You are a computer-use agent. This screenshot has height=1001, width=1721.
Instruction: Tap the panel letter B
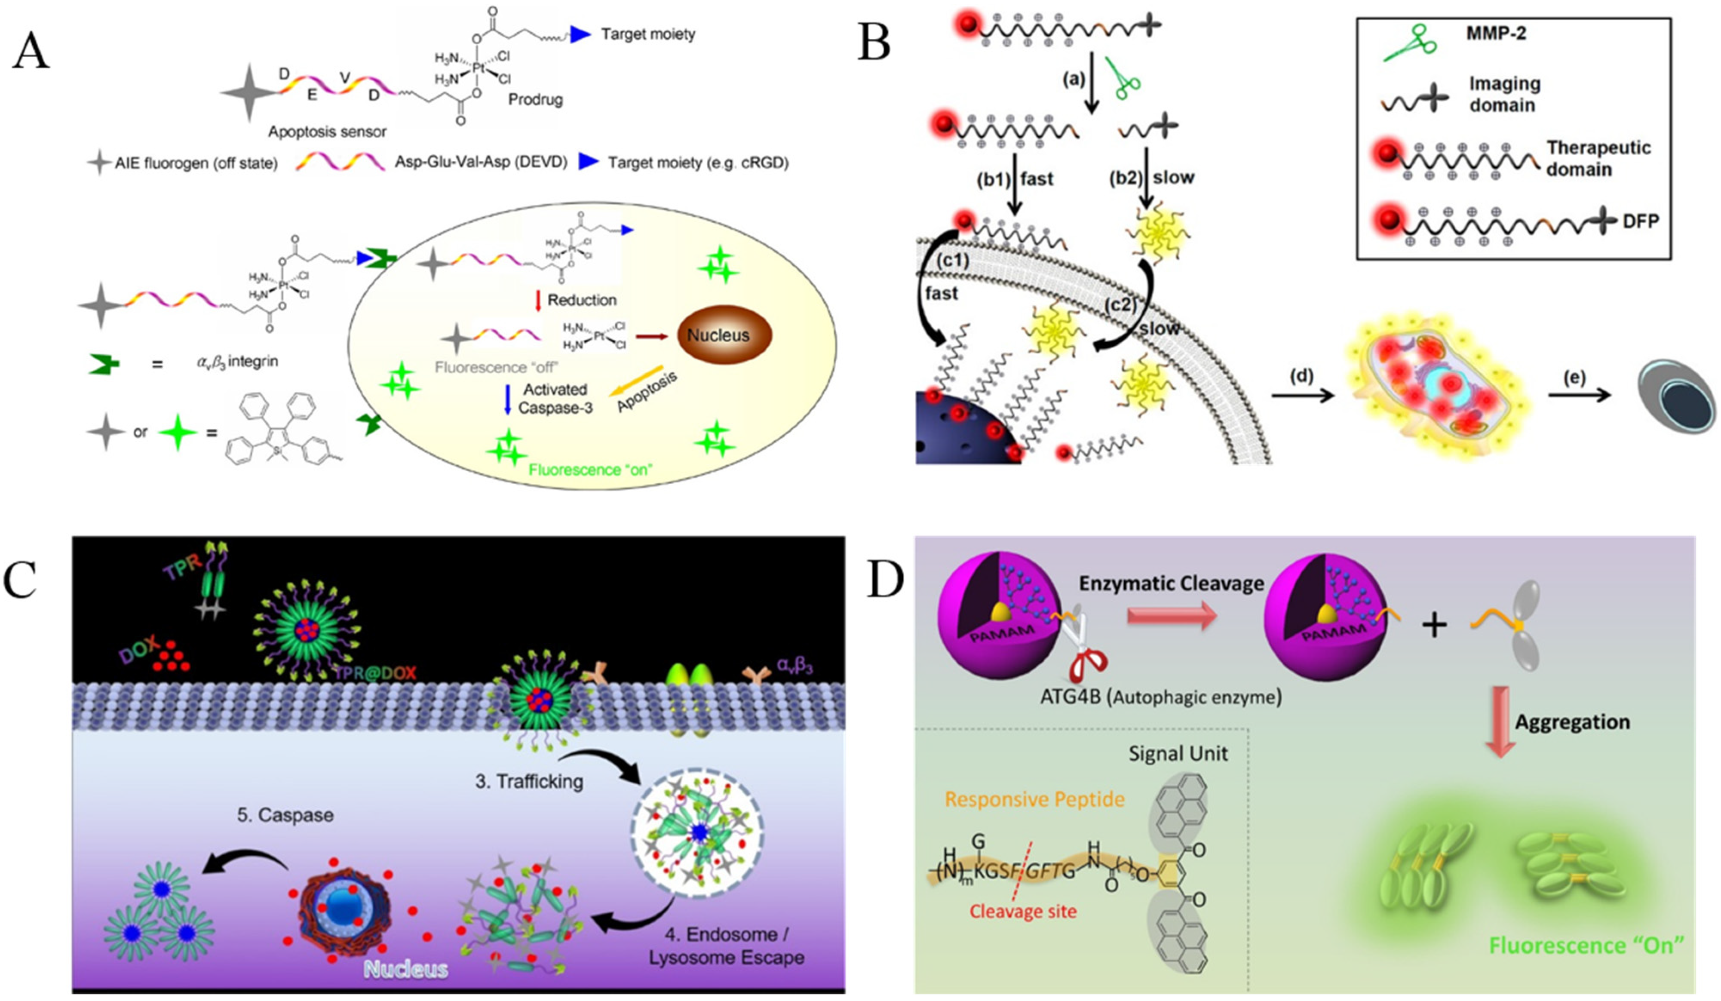tap(874, 42)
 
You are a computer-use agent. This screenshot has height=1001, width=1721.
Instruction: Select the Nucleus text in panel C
tap(406, 968)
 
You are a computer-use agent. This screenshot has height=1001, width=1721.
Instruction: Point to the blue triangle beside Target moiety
tap(580, 34)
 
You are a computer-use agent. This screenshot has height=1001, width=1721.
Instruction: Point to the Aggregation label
tap(1572, 722)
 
